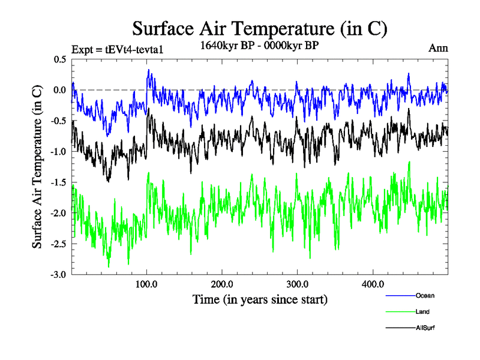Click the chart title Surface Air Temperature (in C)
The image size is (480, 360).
pos(259,28)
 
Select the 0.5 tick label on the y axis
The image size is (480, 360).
pos(60,59)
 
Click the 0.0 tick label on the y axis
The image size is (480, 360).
pos(60,90)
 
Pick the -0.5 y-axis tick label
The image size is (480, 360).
pos(59,121)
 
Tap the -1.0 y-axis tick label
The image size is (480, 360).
pos(59,152)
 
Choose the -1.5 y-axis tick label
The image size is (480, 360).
pos(59,182)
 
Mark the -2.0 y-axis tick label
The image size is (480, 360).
pos(59,213)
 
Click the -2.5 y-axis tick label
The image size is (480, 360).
pos(59,244)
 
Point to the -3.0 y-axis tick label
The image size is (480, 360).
pos(59,275)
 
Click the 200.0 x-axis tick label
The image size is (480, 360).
pos(222,284)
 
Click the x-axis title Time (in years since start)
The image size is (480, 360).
pos(259,298)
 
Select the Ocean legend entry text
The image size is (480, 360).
pos(425,295)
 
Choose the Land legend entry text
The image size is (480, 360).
pos(422,311)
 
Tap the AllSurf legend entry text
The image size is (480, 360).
pos(425,328)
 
